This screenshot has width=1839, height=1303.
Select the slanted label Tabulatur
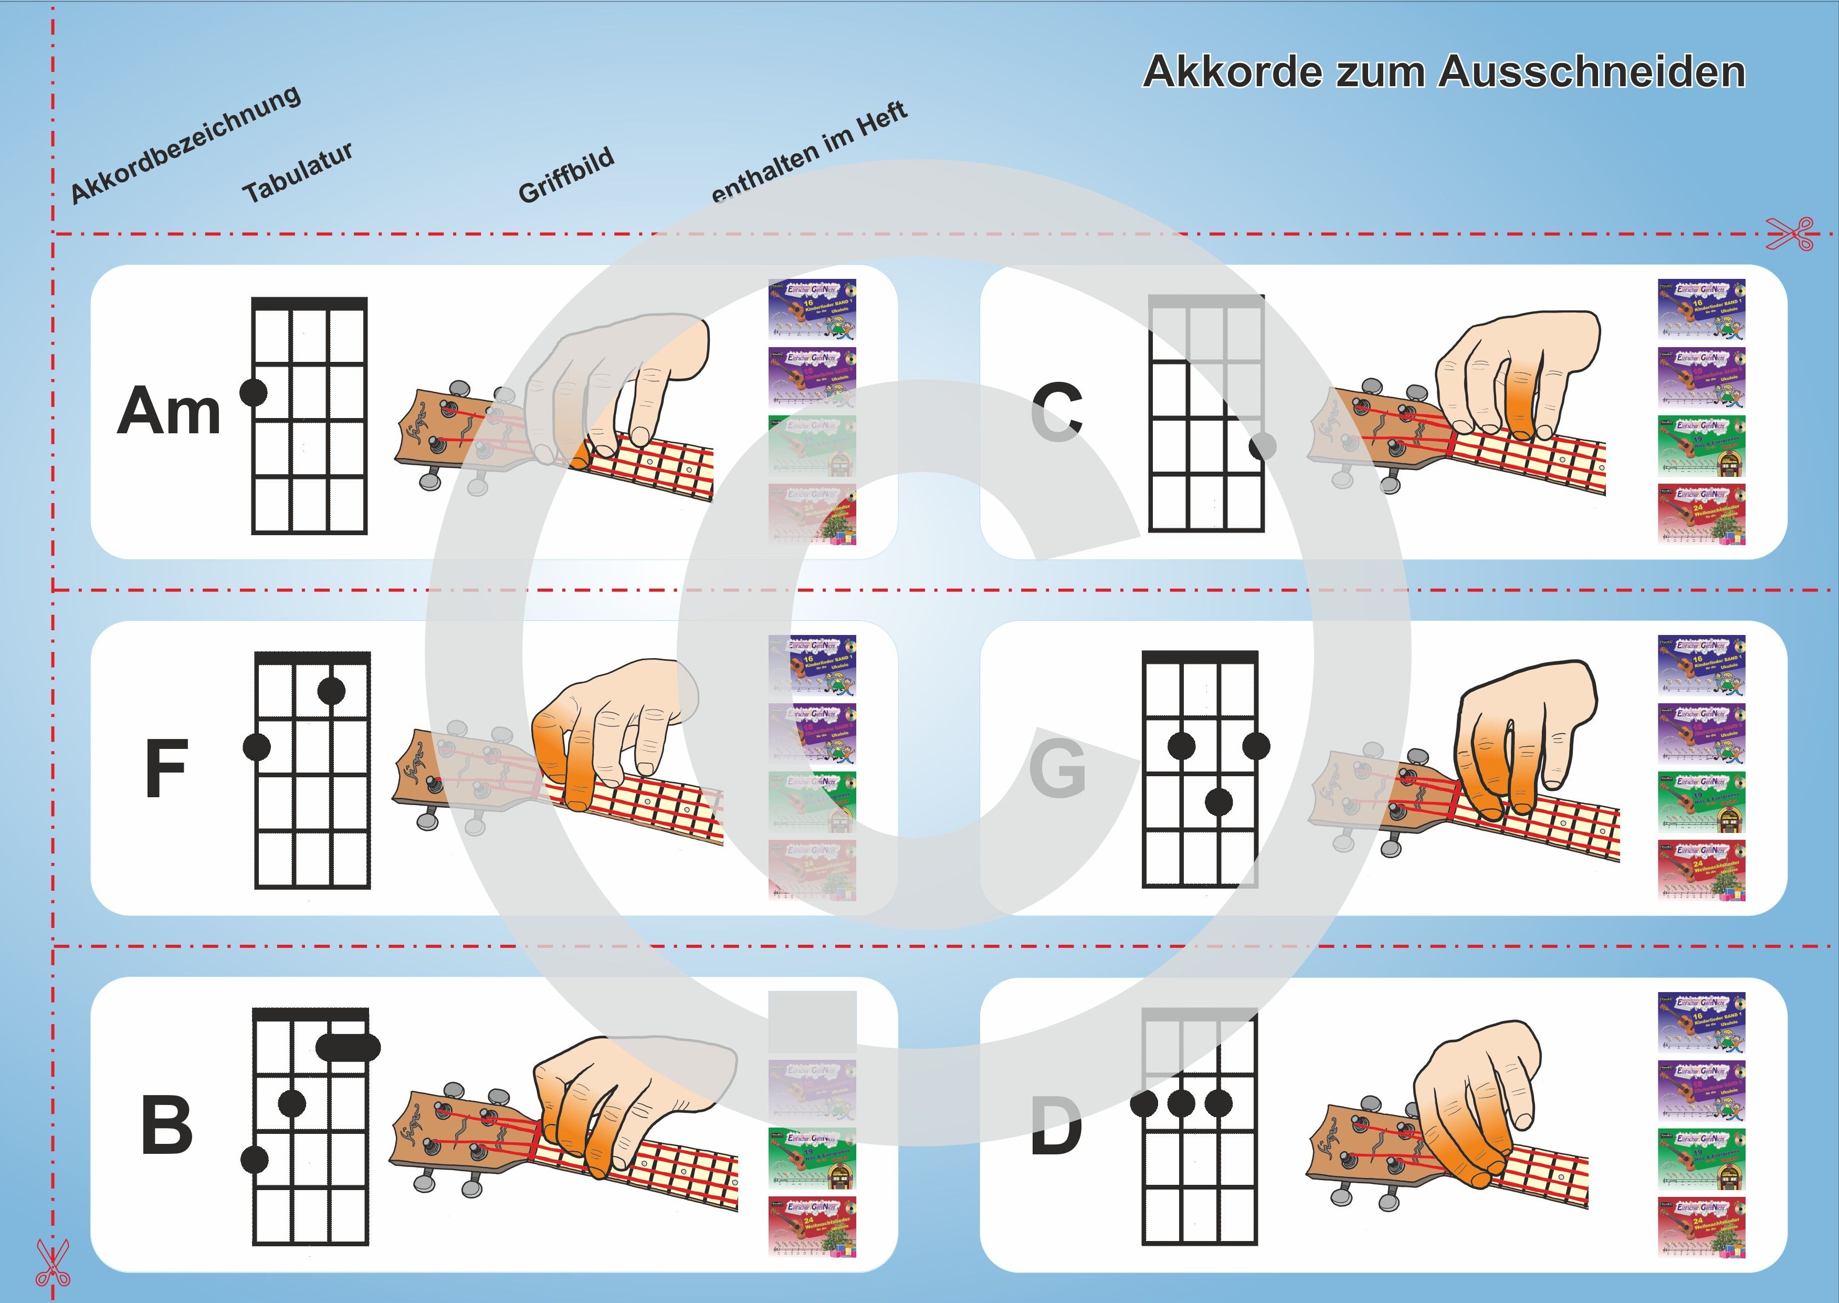coord(298,172)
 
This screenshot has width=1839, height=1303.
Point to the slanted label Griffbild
coord(566,175)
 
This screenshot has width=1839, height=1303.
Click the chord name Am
coord(169,411)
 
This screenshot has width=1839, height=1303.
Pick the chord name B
coord(167,1125)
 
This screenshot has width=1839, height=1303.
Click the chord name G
coord(1057,768)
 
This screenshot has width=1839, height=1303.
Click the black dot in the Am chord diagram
coord(254,392)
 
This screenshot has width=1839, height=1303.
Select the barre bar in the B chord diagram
coord(348,1046)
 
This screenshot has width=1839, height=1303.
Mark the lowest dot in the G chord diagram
coord(1219,801)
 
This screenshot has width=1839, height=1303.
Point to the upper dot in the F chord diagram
coord(331,690)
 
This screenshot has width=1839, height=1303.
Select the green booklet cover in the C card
coord(1701,446)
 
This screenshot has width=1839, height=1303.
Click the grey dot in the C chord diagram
coord(1263,445)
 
